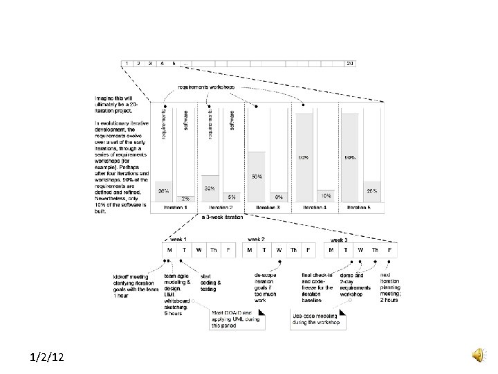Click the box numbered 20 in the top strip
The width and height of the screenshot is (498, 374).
(350, 63)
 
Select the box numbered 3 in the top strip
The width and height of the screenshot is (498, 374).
(151, 63)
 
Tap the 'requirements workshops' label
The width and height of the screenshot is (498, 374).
(206, 87)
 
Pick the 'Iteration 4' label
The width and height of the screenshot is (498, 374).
(315, 207)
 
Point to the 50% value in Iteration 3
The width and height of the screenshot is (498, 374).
(257, 177)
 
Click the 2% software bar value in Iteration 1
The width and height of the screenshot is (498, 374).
(185, 199)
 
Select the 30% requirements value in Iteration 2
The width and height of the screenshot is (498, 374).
(209, 188)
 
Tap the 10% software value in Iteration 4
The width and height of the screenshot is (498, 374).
(325, 195)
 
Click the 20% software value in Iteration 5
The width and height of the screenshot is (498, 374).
(371, 190)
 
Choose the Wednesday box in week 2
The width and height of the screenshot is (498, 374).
(279, 250)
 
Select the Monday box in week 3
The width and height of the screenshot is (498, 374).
(332, 250)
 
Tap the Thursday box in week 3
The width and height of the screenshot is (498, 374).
(376, 250)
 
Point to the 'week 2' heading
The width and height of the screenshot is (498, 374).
(257, 239)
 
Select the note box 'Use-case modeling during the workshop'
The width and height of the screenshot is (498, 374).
(317, 319)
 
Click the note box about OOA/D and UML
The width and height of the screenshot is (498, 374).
(234, 319)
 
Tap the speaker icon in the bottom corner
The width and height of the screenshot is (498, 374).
(478, 355)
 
